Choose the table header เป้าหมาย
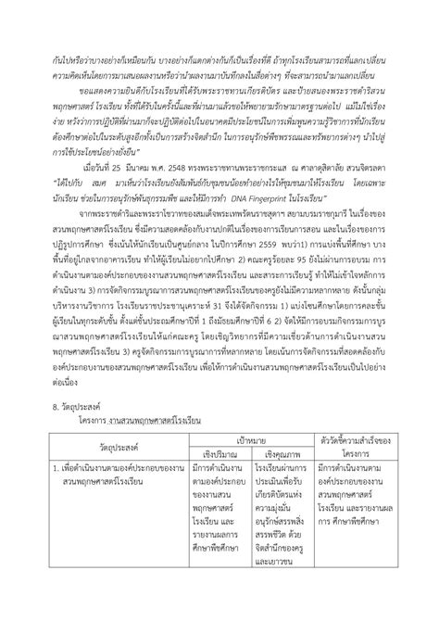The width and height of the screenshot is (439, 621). click(x=248, y=486)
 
